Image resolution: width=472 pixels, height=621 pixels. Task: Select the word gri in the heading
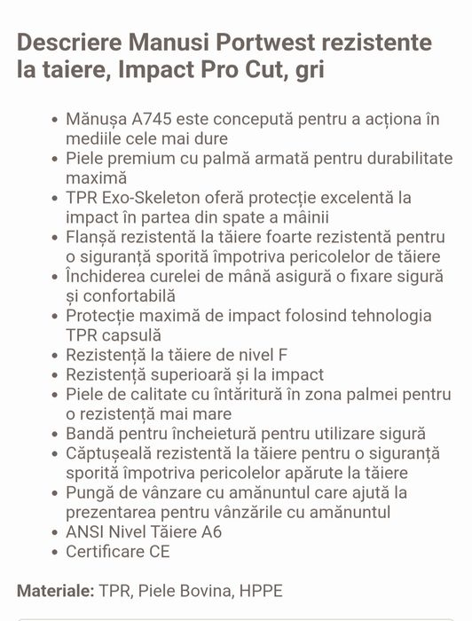pos(306,70)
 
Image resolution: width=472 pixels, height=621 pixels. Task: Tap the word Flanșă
pos(92,237)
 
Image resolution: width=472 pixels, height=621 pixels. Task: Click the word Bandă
pos(90,435)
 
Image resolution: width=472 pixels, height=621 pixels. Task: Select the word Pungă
pos(89,493)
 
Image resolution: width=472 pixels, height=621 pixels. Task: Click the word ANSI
pos(85,532)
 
